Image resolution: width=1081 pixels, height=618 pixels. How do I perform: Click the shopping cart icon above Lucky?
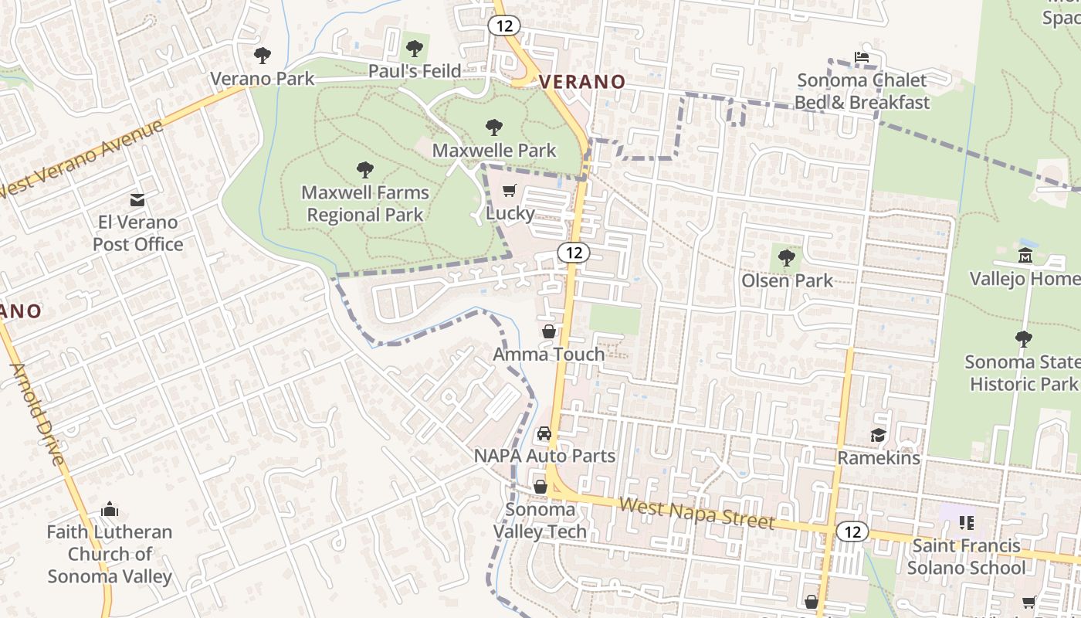coord(510,190)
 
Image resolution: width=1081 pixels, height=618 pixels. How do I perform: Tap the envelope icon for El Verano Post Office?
coord(137,200)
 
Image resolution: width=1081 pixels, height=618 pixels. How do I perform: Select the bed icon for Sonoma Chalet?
coord(862,57)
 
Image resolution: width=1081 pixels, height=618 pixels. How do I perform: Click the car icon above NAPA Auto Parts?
coord(544,433)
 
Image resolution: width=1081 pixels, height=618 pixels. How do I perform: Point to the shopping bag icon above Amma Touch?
coord(548,331)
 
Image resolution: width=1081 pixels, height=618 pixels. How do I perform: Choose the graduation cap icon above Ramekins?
coord(879,435)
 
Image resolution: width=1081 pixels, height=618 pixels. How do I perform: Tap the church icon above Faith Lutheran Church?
coord(110,509)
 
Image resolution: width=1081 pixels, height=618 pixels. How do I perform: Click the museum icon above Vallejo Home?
coord(1025,256)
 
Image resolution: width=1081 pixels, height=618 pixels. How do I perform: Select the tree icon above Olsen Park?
coord(787,258)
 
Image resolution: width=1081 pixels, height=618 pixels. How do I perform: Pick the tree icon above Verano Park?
coord(263,56)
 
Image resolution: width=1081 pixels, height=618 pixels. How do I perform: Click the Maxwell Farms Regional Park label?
coord(365,203)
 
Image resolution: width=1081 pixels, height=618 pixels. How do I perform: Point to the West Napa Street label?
coord(696,514)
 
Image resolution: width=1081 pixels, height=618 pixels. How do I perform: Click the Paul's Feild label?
coord(414,71)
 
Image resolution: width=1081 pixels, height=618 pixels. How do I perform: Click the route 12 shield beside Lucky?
coord(573,253)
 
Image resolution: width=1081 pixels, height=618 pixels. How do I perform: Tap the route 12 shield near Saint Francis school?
coord(852,531)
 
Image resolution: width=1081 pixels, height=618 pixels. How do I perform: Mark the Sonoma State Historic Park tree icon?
coord(1024,339)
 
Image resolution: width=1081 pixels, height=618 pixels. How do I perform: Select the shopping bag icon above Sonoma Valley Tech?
coord(540,487)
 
